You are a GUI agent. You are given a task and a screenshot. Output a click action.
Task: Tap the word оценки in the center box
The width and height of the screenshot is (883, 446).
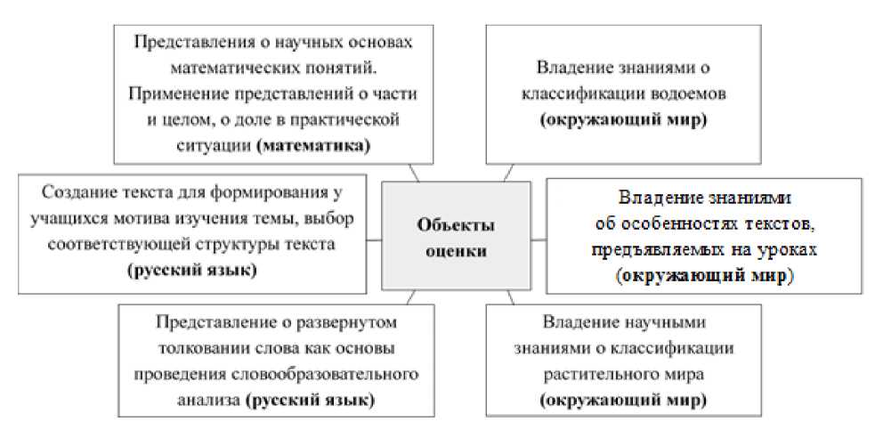tap(457, 252)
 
